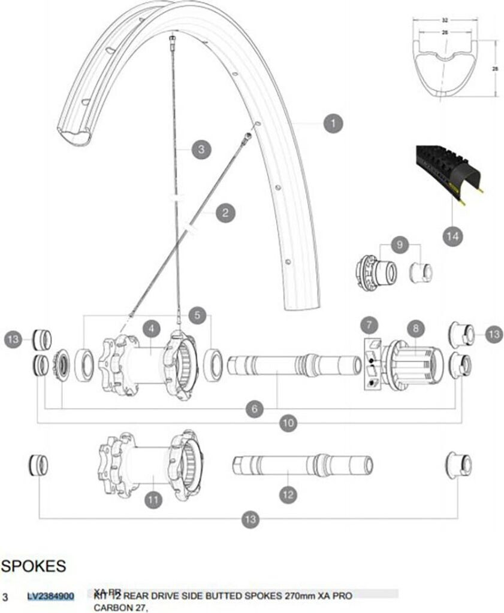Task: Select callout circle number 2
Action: [225, 213]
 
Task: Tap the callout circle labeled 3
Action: [201, 149]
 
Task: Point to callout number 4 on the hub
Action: [152, 328]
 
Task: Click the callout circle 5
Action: [197, 314]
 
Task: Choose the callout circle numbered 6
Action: [255, 409]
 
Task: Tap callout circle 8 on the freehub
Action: [415, 328]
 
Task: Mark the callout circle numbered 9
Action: [399, 244]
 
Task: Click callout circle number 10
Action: [288, 422]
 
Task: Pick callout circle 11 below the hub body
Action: [154, 499]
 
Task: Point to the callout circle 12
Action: [288, 494]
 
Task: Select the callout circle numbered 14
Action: [454, 236]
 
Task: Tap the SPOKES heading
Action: [34, 566]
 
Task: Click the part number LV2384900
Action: [51, 596]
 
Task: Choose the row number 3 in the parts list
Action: [5, 597]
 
